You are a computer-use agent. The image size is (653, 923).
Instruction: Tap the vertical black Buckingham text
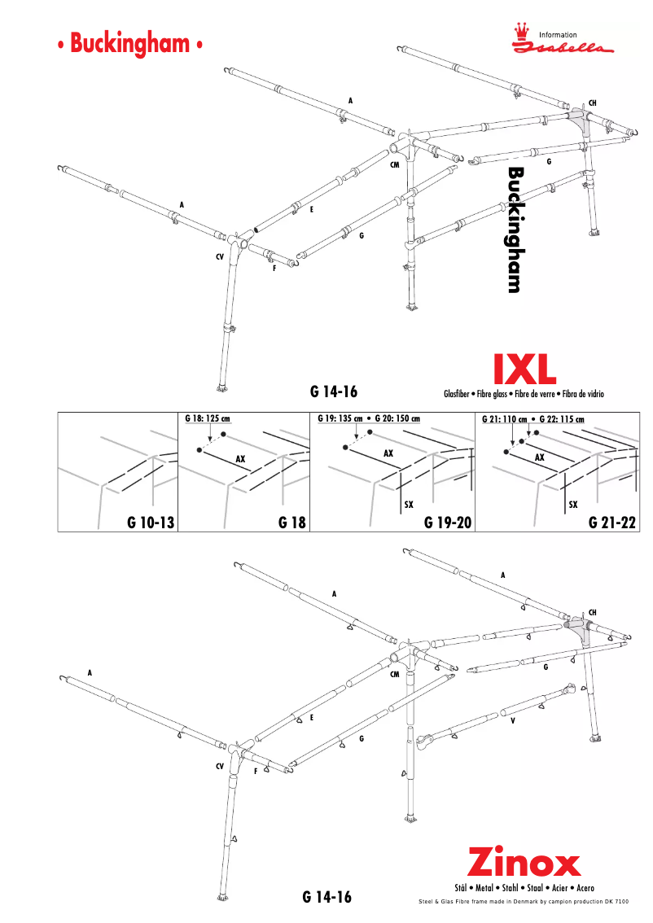tap(515, 230)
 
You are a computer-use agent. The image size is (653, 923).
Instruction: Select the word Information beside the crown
tap(558, 35)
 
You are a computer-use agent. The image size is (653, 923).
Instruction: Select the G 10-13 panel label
tap(151, 523)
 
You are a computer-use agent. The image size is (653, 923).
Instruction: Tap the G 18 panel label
tap(291, 523)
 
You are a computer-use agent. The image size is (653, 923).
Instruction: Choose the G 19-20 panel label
tap(448, 523)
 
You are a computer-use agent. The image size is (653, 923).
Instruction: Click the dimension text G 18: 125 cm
tap(207, 419)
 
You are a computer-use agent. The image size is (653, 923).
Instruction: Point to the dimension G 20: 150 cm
tap(397, 419)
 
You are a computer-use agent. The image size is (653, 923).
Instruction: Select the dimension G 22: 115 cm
tap(562, 419)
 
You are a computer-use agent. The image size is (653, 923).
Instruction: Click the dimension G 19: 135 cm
tap(339, 419)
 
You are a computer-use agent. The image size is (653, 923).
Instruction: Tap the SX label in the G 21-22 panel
tap(573, 505)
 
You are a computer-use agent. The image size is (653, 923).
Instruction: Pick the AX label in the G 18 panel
tap(240, 459)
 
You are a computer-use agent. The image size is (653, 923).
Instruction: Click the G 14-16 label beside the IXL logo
tap(335, 392)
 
